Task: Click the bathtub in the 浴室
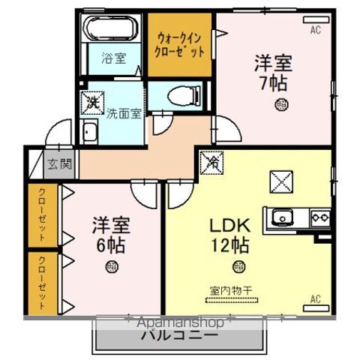(x=111, y=29)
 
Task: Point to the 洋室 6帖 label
(x=109, y=233)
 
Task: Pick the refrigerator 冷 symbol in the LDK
(x=211, y=160)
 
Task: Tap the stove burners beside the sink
(x=320, y=217)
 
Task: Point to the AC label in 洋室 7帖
(x=316, y=31)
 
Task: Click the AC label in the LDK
(x=315, y=300)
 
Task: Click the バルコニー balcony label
(x=180, y=335)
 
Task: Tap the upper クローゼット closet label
(x=42, y=214)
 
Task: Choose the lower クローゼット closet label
(x=42, y=283)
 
